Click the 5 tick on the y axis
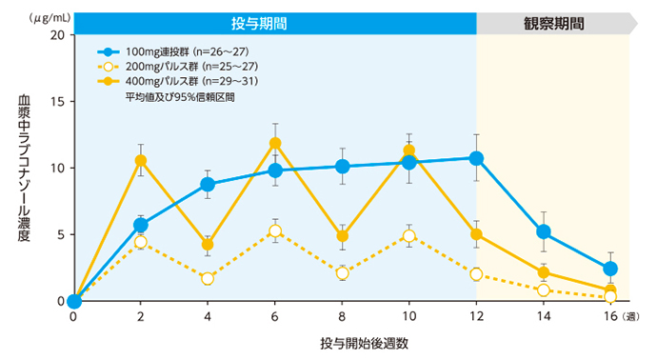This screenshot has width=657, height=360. [x=59, y=234]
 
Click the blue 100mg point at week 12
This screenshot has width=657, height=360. [x=476, y=158]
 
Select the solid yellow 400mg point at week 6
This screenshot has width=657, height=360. [x=275, y=144]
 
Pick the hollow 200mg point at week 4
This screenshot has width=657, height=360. [x=208, y=278]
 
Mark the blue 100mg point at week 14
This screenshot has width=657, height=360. [x=543, y=231]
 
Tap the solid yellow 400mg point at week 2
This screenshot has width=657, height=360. [x=141, y=160]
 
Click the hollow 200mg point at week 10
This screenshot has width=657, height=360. [x=409, y=236]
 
